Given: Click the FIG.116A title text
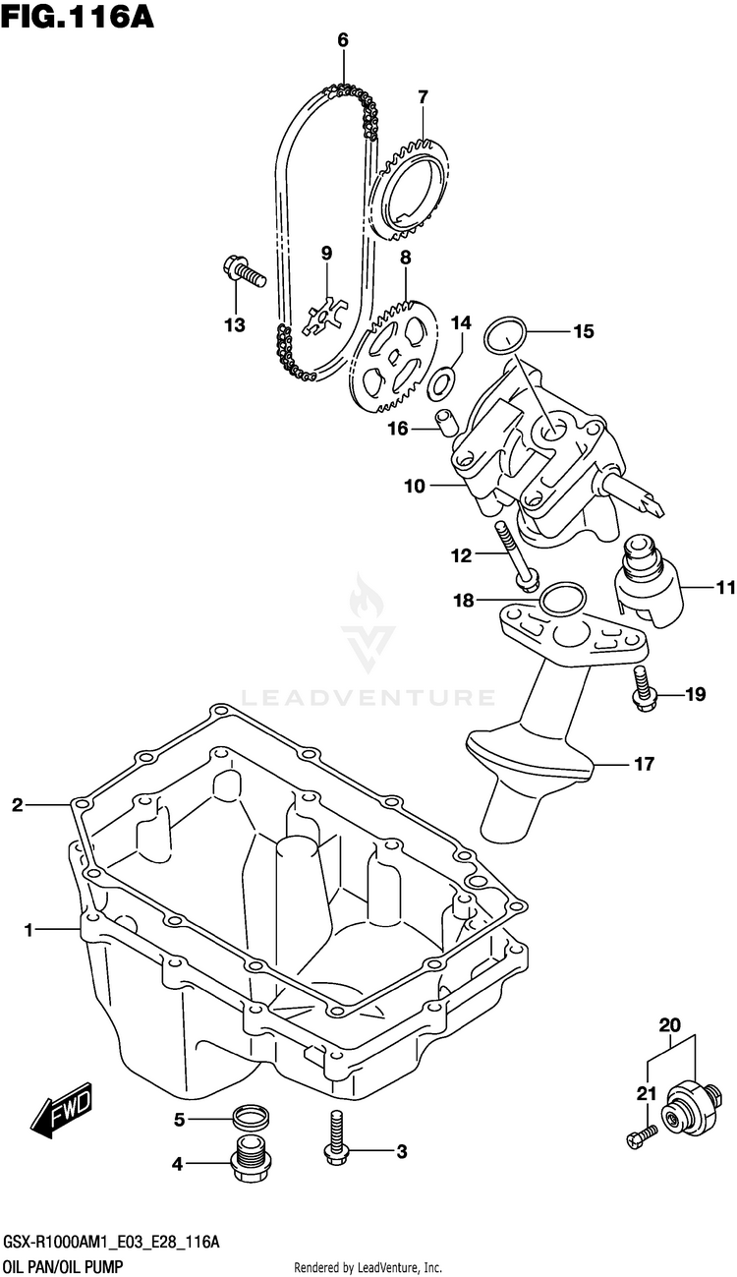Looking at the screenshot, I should coord(78,17).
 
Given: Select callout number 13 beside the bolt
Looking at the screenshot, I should coord(233,325).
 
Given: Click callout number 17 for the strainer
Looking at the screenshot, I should coord(644,763).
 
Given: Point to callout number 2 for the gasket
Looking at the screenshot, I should coord(17,806).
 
